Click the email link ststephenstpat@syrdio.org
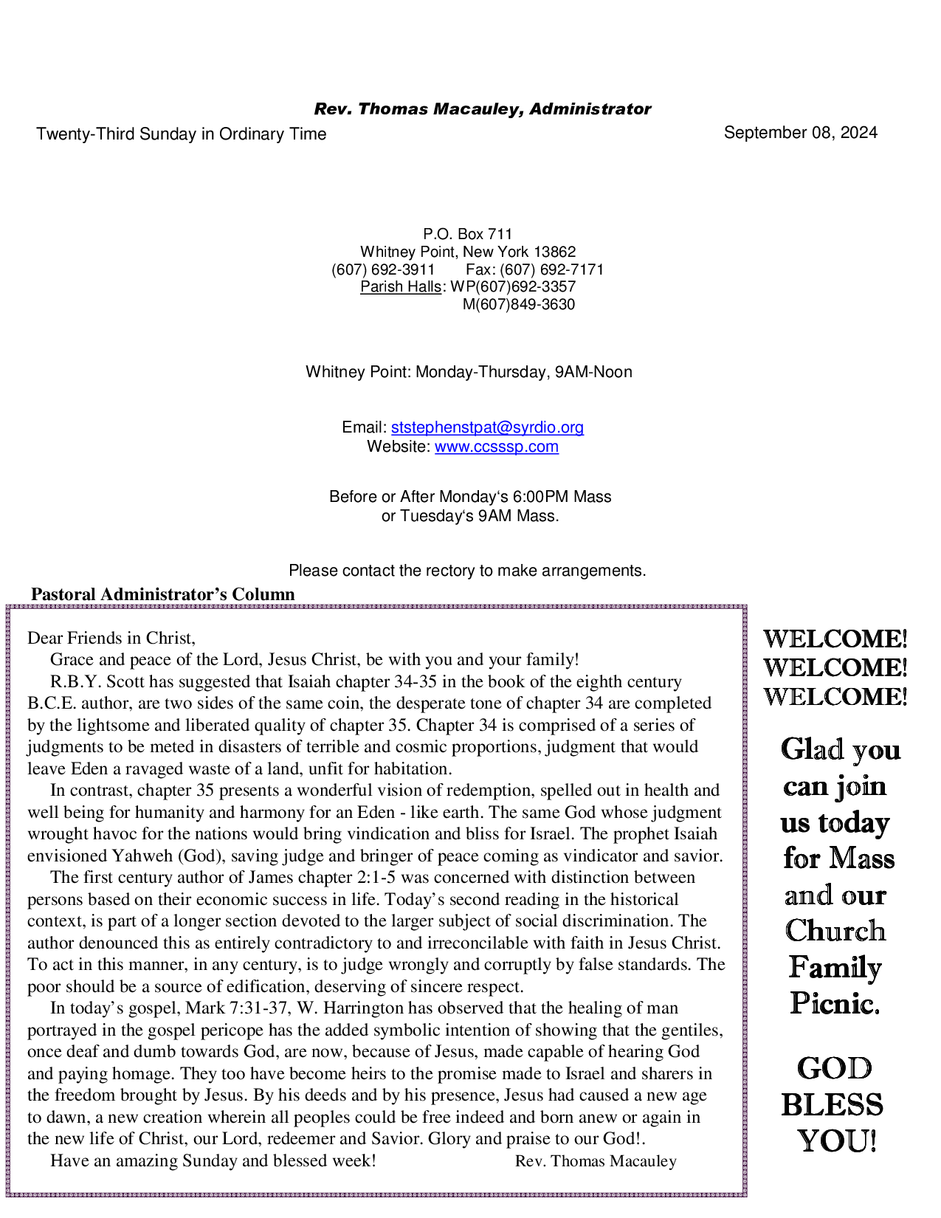(x=487, y=427)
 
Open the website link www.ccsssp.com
(x=496, y=447)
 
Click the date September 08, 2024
(x=800, y=133)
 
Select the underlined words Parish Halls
(x=400, y=287)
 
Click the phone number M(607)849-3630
(x=518, y=305)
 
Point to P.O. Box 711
(x=467, y=235)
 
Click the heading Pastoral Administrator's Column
(x=163, y=594)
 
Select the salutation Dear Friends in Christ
(x=111, y=638)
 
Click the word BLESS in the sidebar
(x=832, y=1105)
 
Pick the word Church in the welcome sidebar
(x=835, y=931)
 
